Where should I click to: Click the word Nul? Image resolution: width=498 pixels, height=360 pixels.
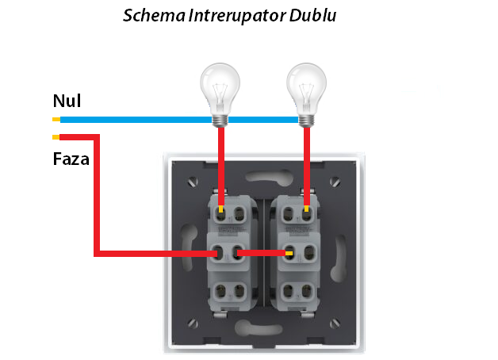(x=67, y=101)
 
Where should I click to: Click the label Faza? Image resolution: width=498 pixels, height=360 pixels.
(x=71, y=158)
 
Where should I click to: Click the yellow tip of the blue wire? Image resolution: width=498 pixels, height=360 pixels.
(x=56, y=120)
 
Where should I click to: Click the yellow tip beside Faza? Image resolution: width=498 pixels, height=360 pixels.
(x=56, y=136)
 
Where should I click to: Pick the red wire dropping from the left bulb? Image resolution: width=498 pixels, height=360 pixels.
(x=220, y=163)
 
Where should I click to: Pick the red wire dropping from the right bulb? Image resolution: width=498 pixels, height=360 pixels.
(x=307, y=163)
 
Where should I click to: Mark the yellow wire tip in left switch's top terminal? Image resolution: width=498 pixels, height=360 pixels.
(x=220, y=209)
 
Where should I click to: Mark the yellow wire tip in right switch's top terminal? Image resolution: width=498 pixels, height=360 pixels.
(x=307, y=209)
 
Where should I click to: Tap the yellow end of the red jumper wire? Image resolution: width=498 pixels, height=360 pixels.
(x=289, y=254)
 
